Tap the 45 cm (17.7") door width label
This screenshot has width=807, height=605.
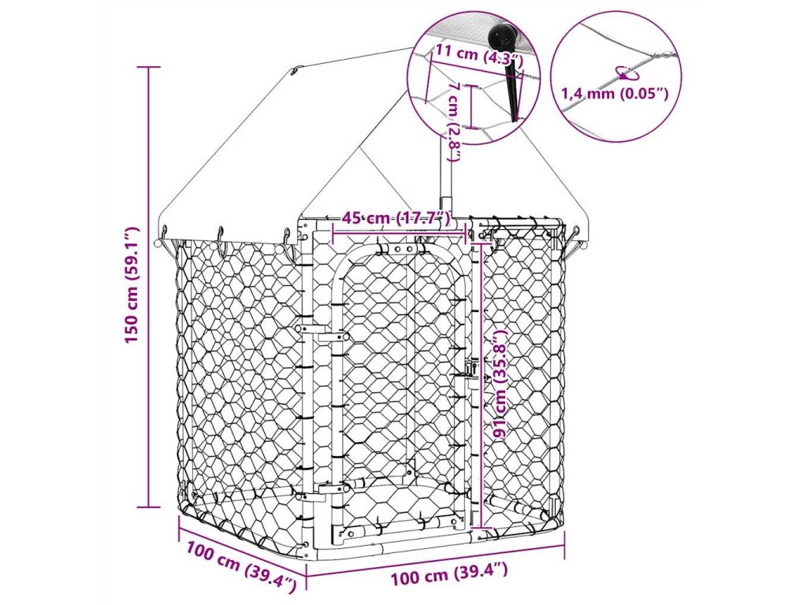click(396, 218)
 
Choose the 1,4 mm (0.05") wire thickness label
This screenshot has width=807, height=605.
click(615, 95)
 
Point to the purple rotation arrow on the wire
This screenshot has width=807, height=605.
click(628, 72)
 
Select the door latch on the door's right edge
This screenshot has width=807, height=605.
click(471, 369)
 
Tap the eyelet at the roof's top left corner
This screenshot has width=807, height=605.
click(293, 73)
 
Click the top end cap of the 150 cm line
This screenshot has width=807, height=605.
click(149, 67)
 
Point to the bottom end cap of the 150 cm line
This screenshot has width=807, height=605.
click(149, 507)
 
